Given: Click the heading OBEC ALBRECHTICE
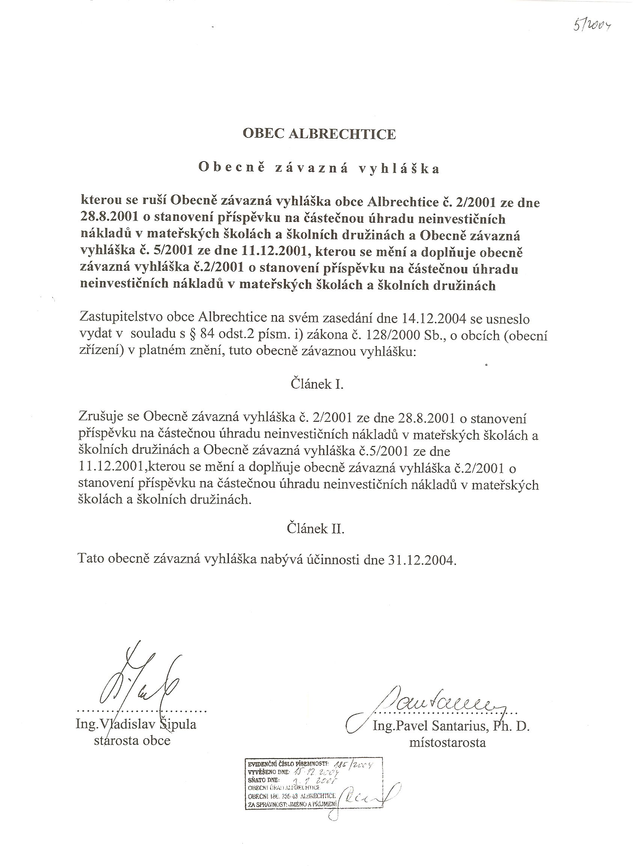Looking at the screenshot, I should pyautogui.click(x=319, y=134).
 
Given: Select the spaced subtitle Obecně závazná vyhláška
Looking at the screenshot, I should pyautogui.click(x=319, y=169).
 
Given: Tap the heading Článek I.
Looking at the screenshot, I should pyautogui.click(x=317, y=384).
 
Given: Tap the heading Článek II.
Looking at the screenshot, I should pyautogui.click(x=316, y=528).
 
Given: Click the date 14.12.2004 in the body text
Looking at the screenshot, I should pyautogui.click(x=440, y=319).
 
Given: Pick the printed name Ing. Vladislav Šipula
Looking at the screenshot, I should pyautogui.click(x=136, y=724).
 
